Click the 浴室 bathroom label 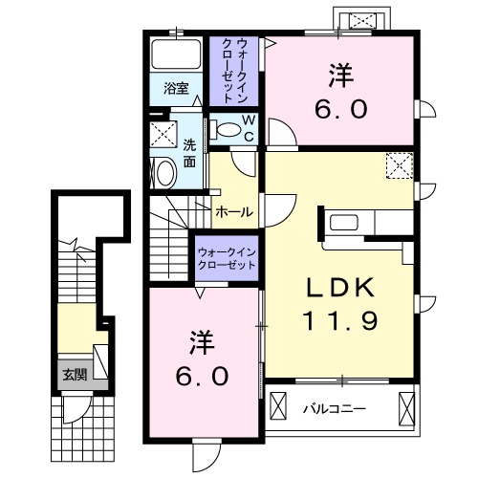(175, 89)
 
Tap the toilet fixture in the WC (227, 129)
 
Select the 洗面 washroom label (190, 154)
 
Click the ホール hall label (234, 211)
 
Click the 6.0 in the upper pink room (339, 109)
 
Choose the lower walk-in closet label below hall (227, 258)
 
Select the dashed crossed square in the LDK (398, 165)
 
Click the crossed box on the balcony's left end (278, 408)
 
